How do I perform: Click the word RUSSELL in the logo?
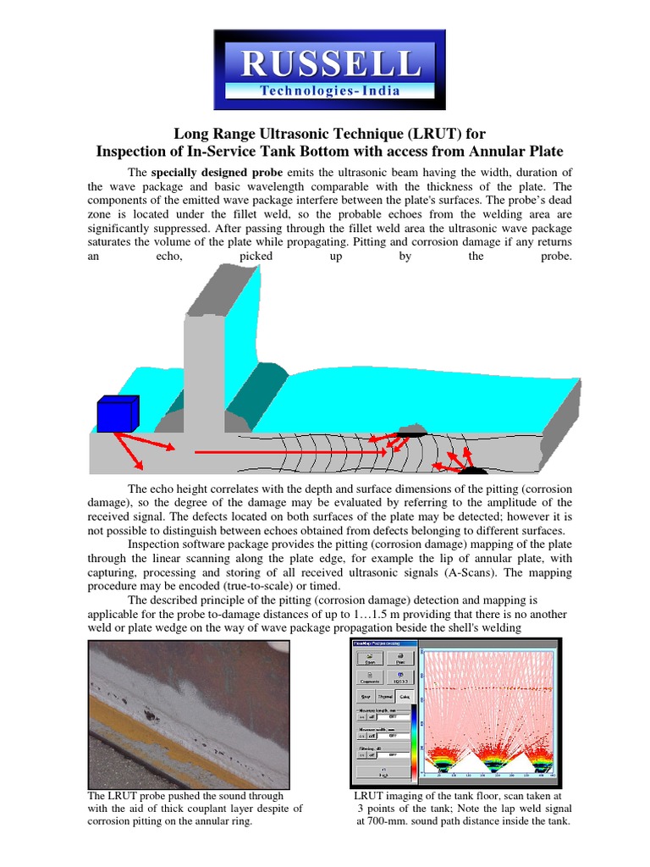coord(329,62)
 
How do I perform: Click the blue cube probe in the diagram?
coord(117,414)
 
